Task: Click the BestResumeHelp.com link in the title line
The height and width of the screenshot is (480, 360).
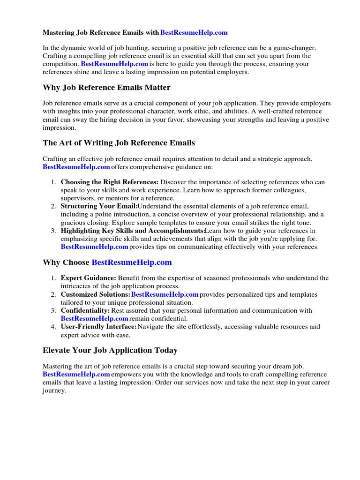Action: coord(194,33)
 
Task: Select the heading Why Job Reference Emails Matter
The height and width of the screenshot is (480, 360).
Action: coord(106,88)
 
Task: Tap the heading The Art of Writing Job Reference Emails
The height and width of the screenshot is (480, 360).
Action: coord(119,142)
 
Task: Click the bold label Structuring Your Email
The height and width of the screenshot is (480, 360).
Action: coord(99,206)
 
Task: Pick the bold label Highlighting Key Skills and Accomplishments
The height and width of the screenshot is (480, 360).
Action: coord(133,231)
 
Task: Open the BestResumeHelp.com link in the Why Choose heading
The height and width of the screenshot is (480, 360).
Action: coord(132,262)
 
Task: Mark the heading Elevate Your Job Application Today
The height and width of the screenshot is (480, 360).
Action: coord(110,350)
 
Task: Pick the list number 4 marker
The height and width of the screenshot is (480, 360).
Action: coord(53,327)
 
